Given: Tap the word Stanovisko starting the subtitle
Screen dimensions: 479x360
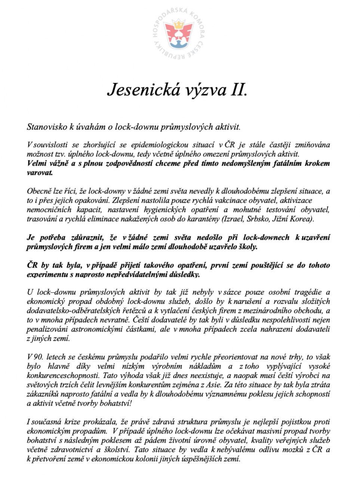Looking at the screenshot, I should (44, 126).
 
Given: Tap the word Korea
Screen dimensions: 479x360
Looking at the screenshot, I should (302, 219).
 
